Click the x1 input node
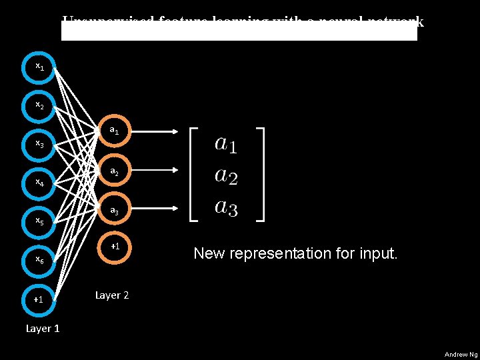pyautogui.click(x=40, y=67)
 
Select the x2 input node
pyautogui.click(x=40, y=105)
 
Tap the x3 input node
pyautogui.click(x=40, y=143)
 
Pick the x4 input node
pyautogui.click(x=40, y=182)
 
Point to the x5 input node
pyautogui.click(x=40, y=221)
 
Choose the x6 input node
pyautogui.click(x=40, y=259)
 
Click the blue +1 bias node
pyautogui.click(x=39, y=299)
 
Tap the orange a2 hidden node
pyautogui.click(x=115, y=171)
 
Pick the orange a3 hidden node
pyautogui.click(x=115, y=211)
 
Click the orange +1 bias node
pyautogui.click(x=115, y=247)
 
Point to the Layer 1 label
pyautogui.click(x=43, y=329)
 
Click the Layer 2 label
pyautogui.click(x=112, y=295)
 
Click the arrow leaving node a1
pyautogui.click(x=155, y=131)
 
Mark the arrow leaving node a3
pyautogui.click(x=155, y=211)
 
